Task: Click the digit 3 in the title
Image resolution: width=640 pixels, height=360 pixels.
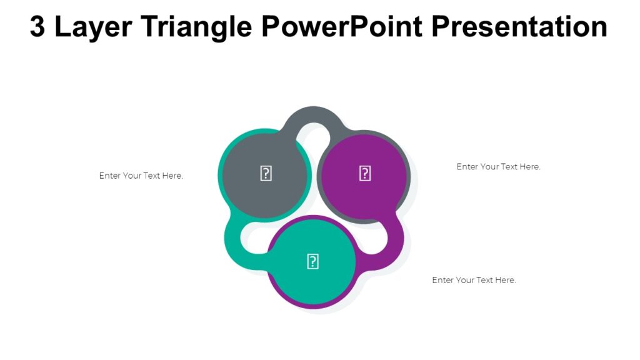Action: pyautogui.click(x=37, y=27)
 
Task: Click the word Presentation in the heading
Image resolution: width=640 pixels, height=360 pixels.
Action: pyautogui.click(x=519, y=27)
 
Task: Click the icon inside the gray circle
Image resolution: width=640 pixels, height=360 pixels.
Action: pyautogui.click(x=266, y=174)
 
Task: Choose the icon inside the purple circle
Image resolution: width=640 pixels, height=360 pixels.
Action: pyautogui.click(x=365, y=174)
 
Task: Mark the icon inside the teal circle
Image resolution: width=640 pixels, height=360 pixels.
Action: pyautogui.click(x=312, y=262)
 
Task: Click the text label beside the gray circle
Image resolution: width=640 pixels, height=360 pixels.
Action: pyautogui.click(x=141, y=176)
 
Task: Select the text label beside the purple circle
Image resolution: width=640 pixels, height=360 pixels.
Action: pyautogui.click(x=498, y=167)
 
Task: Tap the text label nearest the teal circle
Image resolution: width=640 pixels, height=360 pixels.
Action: pyautogui.click(x=474, y=280)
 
